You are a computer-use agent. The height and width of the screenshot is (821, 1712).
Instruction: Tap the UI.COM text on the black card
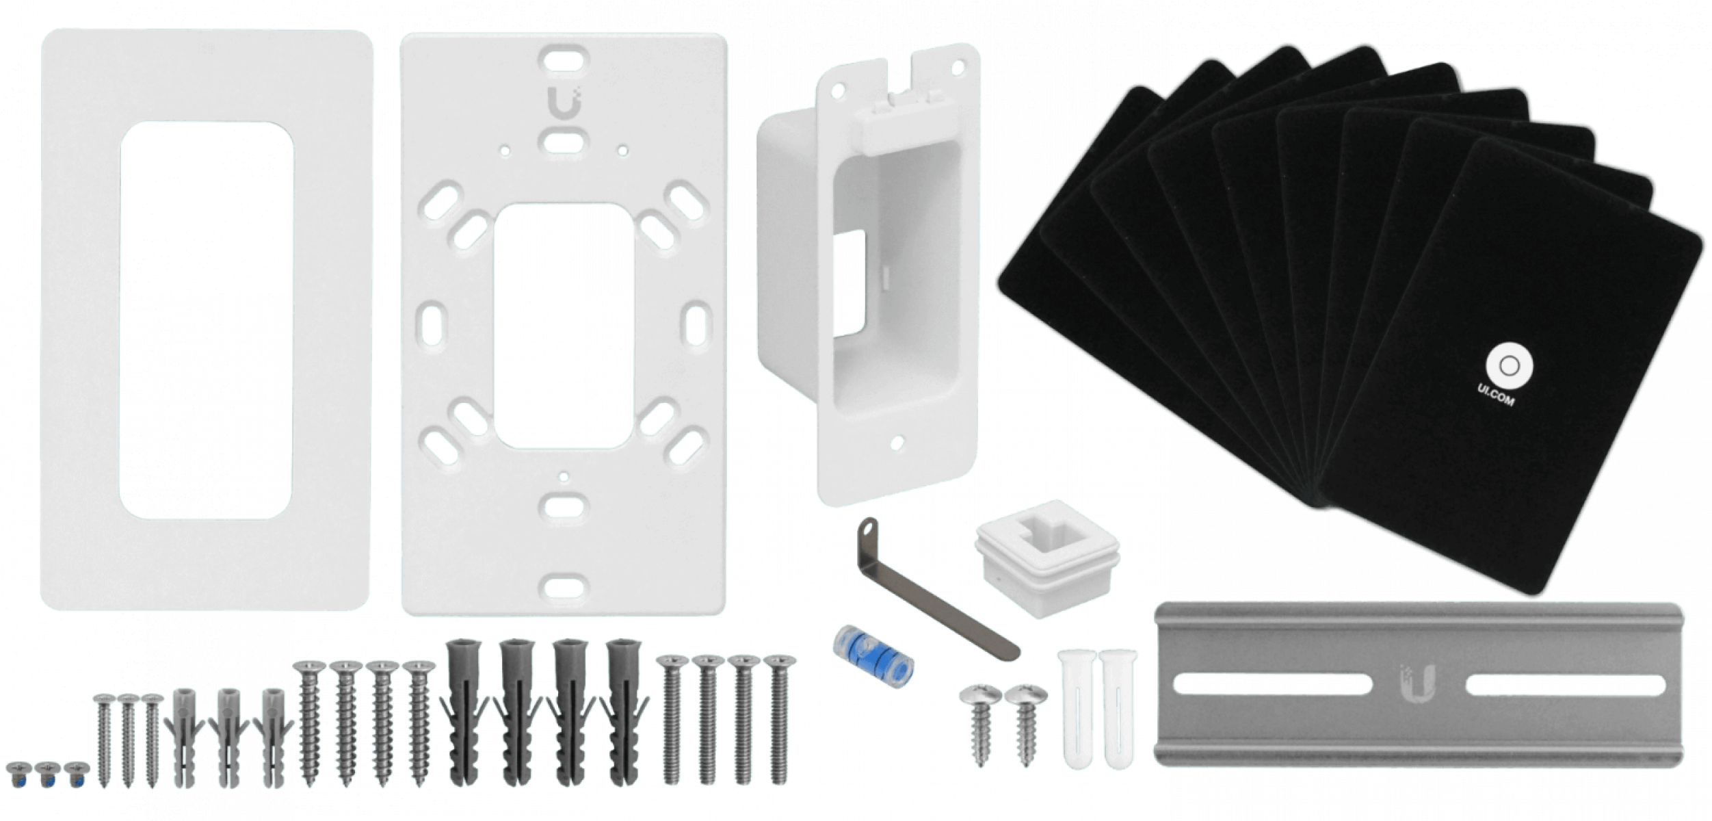(x=1496, y=395)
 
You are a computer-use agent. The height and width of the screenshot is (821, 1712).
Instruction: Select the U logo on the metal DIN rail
(x=1417, y=684)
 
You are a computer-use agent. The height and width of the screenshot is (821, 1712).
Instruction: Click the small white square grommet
(x=1046, y=558)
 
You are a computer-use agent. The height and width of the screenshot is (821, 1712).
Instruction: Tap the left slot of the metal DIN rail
(x=1272, y=684)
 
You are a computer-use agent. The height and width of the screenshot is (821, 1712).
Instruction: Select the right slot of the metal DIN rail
(x=1566, y=685)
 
